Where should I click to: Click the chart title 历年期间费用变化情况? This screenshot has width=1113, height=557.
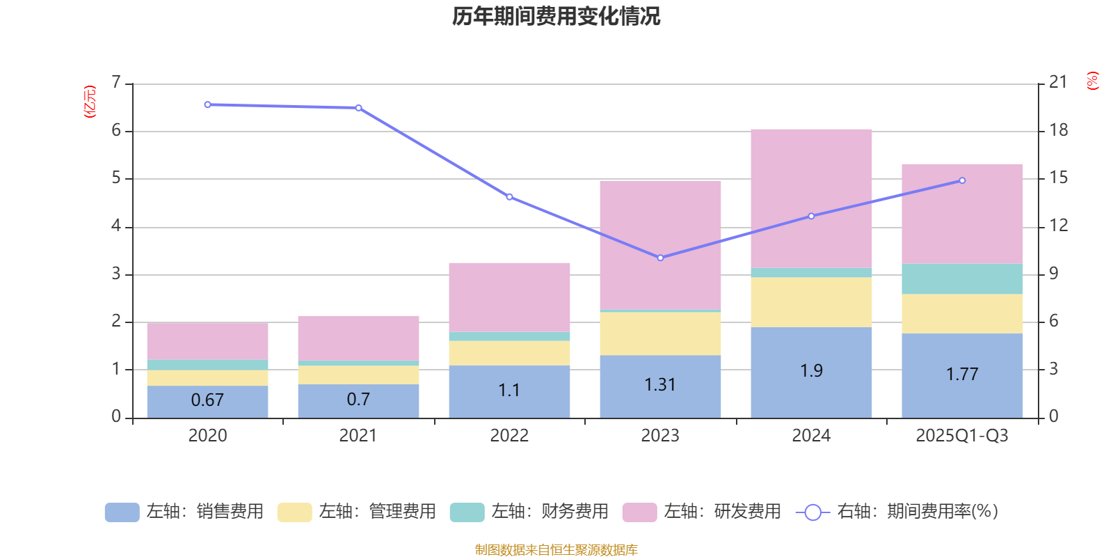[x=556, y=16]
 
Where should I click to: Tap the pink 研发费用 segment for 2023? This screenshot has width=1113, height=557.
[x=660, y=244]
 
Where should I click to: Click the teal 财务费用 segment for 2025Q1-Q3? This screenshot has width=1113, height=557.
[x=962, y=278]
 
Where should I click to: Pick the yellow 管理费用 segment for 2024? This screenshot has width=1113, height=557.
[x=811, y=301]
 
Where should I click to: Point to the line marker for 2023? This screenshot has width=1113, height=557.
[x=660, y=258]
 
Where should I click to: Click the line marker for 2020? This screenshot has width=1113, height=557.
[x=207, y=104]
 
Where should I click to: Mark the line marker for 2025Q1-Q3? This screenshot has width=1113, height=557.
[x=962, y=180]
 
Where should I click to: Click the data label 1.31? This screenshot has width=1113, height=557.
[x=660, y=385]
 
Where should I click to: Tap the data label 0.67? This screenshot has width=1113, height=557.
[x=207, y=400]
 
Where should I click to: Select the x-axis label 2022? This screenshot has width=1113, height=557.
[x=509, y=436]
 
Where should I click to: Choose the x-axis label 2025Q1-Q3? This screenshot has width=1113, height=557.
[x=962, y=436]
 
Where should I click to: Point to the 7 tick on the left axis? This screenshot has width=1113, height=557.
[x=116, y=83]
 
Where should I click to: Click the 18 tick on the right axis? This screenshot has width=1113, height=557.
[x=1058, y=130]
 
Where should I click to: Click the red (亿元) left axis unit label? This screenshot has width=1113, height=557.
[x=89, y=102]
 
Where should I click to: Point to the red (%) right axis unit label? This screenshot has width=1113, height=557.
[x=1092, y=81]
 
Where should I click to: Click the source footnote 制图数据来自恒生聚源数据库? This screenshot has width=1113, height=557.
[x=556, y=550]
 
